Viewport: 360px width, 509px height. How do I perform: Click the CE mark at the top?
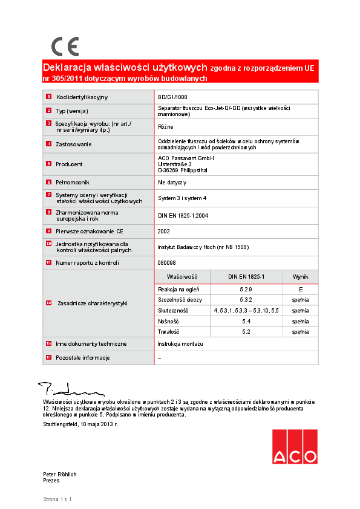click(x=65, y=47)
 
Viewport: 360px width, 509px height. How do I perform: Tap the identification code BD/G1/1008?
click(x=172, y=97)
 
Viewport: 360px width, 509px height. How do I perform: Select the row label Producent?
click(x=69, y=164)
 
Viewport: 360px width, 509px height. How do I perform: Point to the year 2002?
click(x=164, y=231)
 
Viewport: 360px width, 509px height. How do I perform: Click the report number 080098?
click(x=167, y=263)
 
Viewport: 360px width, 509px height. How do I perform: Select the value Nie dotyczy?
click(x=172, y=182)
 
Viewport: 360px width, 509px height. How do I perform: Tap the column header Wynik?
click(x=300, y=276)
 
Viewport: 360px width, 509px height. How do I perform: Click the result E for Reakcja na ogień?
click(x=300, y=290)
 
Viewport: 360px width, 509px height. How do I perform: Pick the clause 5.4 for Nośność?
click(x=246, y=322)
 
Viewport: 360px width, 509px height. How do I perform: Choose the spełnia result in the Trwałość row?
click(x=300, y=332)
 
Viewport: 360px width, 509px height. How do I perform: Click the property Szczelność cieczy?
click(x=180, y=300)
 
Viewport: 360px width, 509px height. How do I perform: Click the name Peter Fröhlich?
click(x=60, y=475)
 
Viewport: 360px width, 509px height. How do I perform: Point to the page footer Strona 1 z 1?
click(x=57, y=499)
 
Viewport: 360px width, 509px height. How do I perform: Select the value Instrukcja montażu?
click(x=180, y=343)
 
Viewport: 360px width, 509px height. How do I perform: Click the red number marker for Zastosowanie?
click(x=48, y=144)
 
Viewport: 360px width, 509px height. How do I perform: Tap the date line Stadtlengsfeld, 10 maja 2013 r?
click(x=80, y=424)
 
